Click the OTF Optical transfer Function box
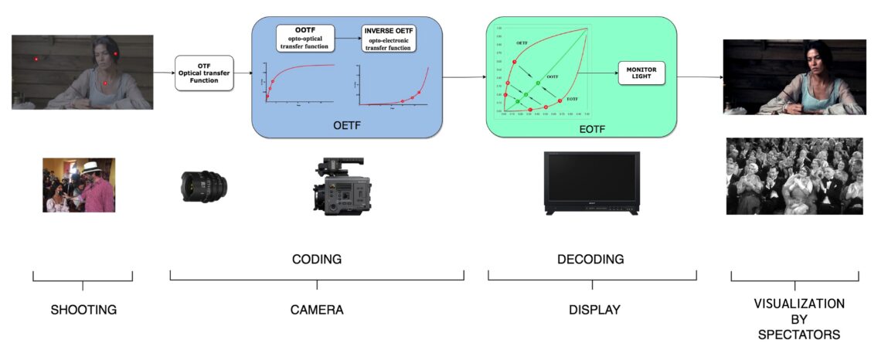click(204, 74)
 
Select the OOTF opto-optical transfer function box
click(305, 38)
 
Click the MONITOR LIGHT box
click(640, 76)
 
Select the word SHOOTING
click(83, 310)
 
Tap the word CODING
click(317, 259)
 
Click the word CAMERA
click(317, 310)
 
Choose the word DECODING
click(590, 259)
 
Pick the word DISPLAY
click(593, 310)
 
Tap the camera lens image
click(202, 185)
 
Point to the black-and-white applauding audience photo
click(794, 176)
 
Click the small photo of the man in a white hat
click(79, 185)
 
